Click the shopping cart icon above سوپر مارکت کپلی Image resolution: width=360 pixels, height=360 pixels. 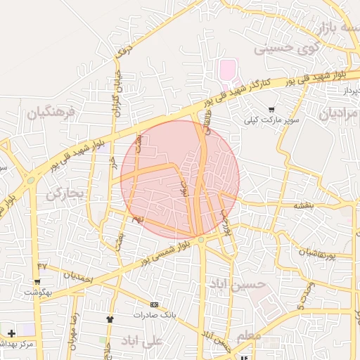[x=271, y=110]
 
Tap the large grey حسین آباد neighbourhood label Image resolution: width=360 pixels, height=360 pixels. [x=239, y=284]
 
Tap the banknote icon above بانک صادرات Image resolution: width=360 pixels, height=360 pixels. [x=155, y=304]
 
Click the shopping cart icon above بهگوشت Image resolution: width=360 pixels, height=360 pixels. [x=38, y=281]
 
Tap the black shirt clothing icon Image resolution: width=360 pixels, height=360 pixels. [x=110, y=319]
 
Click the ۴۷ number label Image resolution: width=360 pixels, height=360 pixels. [x=42, y=266]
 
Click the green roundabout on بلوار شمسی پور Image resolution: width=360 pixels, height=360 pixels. [x=202, y=240]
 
